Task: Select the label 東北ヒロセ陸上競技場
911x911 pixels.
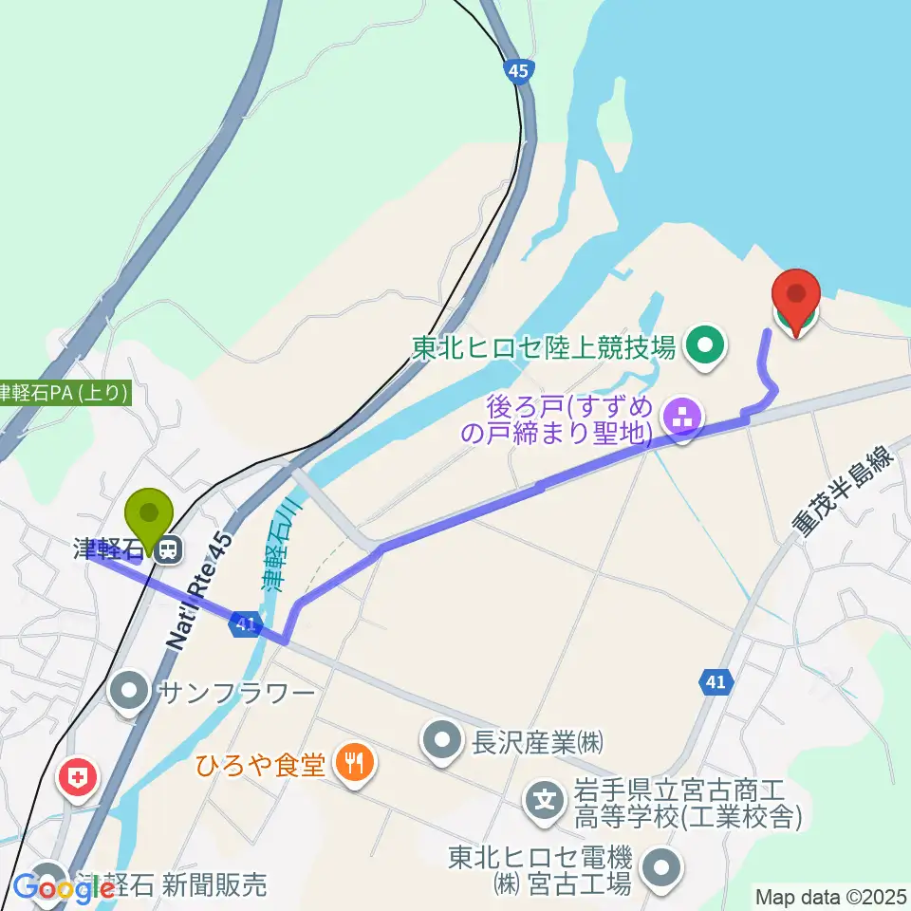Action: (x=544, y=348)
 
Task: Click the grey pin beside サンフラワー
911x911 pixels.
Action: (x=129, y=693)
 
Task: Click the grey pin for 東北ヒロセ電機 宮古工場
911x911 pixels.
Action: (x=661, y=866)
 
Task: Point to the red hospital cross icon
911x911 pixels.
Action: (x=79, y=779)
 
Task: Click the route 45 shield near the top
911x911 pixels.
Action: (x=517, y=70)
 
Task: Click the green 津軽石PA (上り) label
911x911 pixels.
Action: (x=65, y=393)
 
